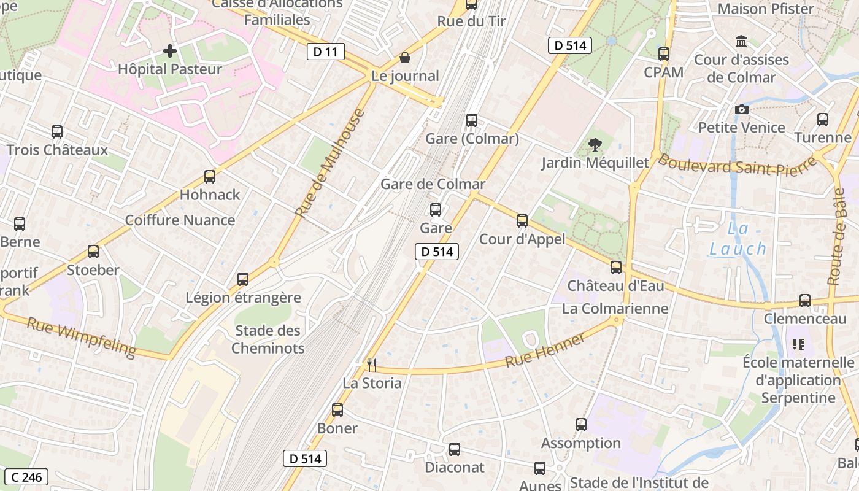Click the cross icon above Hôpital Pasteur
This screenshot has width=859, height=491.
pos(170,51)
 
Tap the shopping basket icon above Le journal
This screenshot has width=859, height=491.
pos(405,58)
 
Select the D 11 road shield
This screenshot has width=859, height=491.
pos(325,52)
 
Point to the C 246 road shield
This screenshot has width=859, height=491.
pos(26,477)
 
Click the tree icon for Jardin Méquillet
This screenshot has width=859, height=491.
pos(595,145)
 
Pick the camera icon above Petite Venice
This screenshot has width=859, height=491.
pos(742,109)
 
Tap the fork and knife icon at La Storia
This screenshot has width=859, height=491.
pos(371,365)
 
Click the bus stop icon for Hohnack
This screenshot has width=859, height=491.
pos(210,177)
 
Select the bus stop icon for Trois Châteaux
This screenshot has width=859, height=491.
pos(57,131)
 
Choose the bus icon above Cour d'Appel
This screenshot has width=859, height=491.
pos(522,221)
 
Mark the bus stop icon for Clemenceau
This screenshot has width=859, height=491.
pos(804,301)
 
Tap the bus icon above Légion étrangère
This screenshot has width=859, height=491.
pos(243,279)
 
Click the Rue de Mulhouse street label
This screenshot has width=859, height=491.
pos(329,163)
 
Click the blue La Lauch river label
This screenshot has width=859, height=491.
pos(738,239)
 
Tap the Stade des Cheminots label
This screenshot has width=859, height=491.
pos(268,339)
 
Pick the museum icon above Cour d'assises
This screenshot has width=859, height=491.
pos(741,42)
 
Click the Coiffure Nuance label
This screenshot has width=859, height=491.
pos(180,220)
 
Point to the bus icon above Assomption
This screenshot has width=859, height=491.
pos(580,424)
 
